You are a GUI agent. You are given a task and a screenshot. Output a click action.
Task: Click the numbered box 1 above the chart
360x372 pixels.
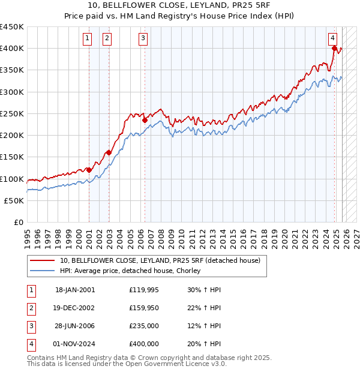tap(88, 39)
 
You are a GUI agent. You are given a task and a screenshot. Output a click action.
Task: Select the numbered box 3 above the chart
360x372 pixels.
tap(143, 39)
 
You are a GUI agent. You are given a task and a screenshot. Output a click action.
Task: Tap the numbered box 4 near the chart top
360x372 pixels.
tap(332, 39)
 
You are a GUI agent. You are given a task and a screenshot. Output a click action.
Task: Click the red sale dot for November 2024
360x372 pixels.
tap(334, 49)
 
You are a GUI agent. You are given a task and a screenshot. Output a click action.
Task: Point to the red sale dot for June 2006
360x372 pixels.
tap(145, 120)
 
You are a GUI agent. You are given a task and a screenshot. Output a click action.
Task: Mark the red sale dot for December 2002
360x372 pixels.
tap(109, 152)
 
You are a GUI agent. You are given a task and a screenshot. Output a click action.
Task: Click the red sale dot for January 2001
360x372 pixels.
tap(89, 170)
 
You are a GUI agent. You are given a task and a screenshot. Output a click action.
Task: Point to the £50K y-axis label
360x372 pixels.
tap(14, 200)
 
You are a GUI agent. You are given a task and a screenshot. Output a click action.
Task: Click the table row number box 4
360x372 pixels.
tap(31, 344)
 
